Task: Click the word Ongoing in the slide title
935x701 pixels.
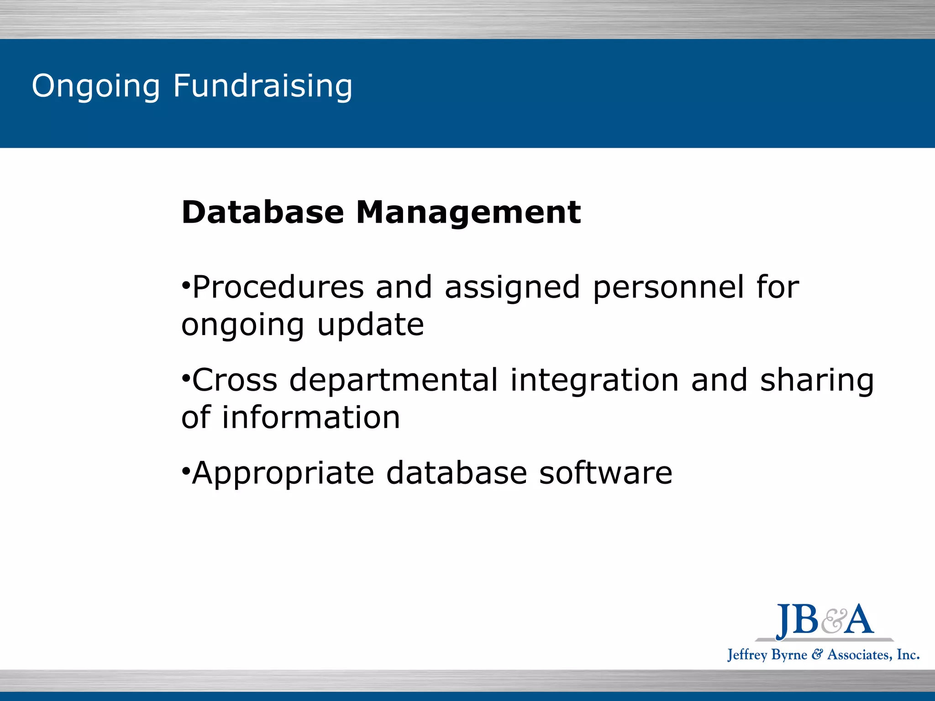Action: [x=96, y=86]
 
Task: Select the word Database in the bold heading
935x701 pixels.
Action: [x=263, y=213]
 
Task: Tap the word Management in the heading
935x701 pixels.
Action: [x=468, y=213]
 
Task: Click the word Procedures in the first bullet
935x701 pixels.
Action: [x=278, y=288]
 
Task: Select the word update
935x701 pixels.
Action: [x=370, y=326]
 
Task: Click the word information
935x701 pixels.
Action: [x=311, y=418]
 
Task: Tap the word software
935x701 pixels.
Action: [x=605, y=473]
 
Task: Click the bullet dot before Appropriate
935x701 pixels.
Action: [x=185, y=470]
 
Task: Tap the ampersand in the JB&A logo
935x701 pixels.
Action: [x=834, y=622]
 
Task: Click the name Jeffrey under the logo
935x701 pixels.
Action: [x=747, y=655]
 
